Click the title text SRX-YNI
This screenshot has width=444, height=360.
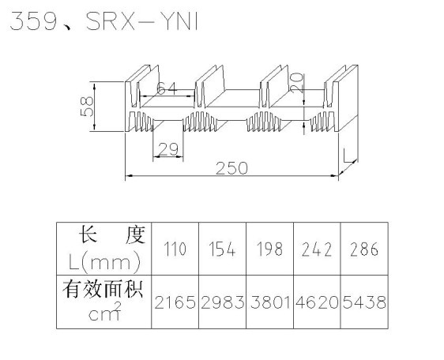142,21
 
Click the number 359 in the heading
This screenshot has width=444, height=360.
33,21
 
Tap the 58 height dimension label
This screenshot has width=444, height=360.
87,107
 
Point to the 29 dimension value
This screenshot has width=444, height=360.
168,149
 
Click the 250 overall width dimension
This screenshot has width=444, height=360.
231,168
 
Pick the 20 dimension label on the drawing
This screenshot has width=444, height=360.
296,83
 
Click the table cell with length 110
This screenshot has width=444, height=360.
175,249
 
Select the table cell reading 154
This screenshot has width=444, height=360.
222,249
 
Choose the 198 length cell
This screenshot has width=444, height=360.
269,249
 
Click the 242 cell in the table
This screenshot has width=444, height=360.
317,249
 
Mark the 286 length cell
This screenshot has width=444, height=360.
364,249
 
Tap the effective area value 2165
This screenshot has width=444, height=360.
175,302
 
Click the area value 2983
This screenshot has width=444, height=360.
222,302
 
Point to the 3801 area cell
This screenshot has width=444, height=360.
270,302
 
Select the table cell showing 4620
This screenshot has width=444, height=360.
317,302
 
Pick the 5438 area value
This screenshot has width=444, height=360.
364,302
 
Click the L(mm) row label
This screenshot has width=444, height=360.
104,262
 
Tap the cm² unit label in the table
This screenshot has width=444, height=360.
105,311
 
